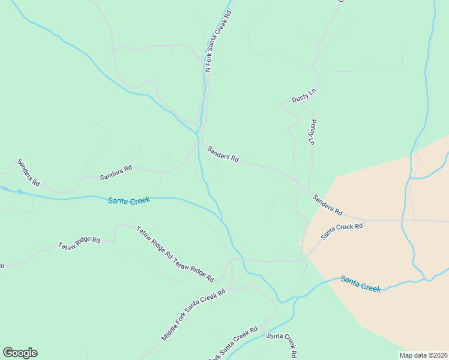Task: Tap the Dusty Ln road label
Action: [x=303, y=95]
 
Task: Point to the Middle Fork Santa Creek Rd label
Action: [x=193, y=315]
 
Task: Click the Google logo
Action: [x=20, y=353]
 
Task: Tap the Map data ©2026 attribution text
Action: [x=423, y=355]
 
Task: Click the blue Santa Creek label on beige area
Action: [x=360, y=283]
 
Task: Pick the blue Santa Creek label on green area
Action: [x=128, y=200]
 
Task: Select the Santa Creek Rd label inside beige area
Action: [x=342, y=231]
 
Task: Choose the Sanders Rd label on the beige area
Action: [x=327, y=205]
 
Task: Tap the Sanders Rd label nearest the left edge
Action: [x=28, y=172]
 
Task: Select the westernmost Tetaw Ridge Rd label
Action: [x=79, y=242]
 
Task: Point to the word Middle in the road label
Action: [x=170, y=331]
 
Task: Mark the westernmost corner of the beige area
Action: [x=299, y=245]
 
